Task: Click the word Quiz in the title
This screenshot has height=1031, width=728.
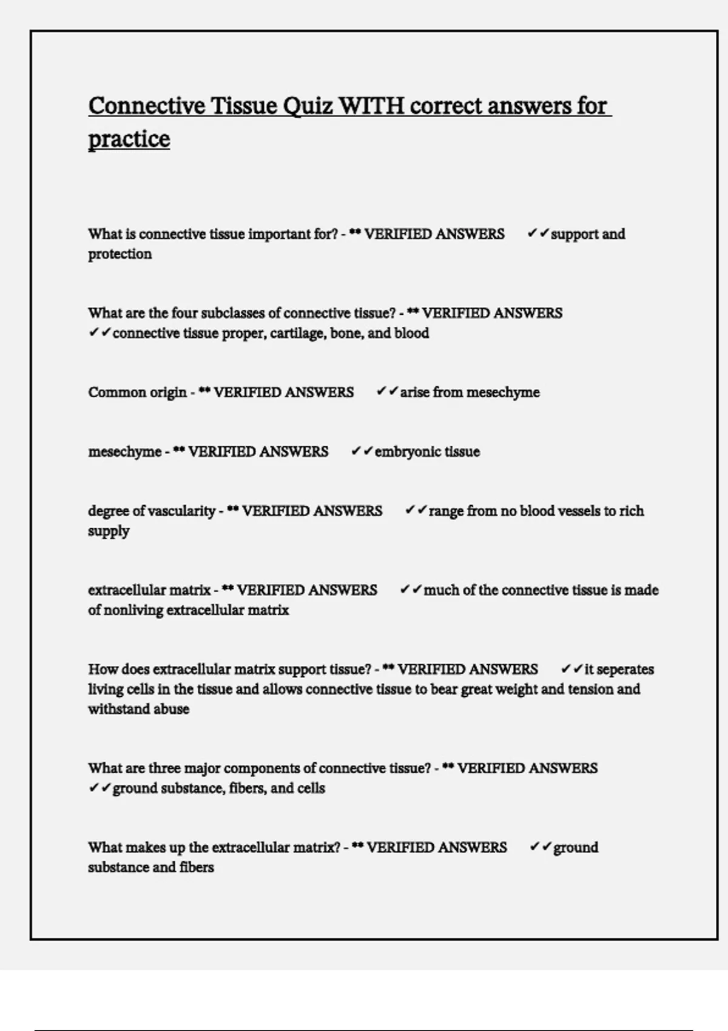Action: click(x=308, y=107)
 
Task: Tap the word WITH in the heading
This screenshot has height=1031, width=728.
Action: click(x=371, y=106)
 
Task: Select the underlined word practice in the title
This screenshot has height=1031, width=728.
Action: click(x=129, y=139)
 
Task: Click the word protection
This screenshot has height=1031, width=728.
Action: click(x=120, y=254)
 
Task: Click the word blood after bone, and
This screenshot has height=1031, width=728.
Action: click(x=412, y=334)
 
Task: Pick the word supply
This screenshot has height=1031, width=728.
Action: click(x=109, y=531)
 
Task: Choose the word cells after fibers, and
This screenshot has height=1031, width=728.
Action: click(x=311, y=788)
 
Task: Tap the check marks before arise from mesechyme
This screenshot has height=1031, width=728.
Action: click(x=387, y=392)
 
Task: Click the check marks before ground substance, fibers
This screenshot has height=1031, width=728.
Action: click(x=99, y=788)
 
